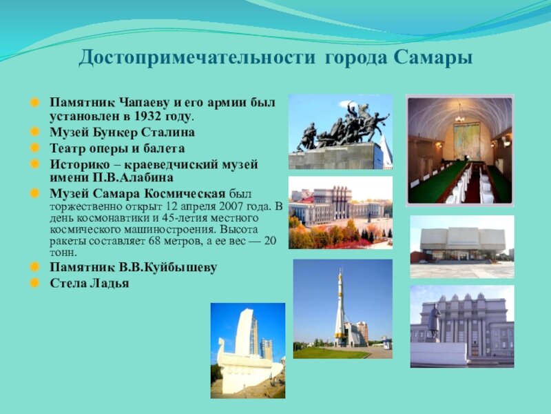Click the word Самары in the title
click(433, 58)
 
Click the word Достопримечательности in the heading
click(197, 58)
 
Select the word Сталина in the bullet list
click(168, 132)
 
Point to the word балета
click(163, 148)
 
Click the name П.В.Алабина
click(133, 177)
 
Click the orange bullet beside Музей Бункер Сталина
click(35, 132)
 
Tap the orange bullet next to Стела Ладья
click(35, 283)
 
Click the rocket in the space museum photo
click(340, 307)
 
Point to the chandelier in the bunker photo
click(459, 115)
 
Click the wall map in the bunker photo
click(467, 141)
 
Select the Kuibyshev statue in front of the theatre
click(434, 322)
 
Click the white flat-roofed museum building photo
click(462, 246)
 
